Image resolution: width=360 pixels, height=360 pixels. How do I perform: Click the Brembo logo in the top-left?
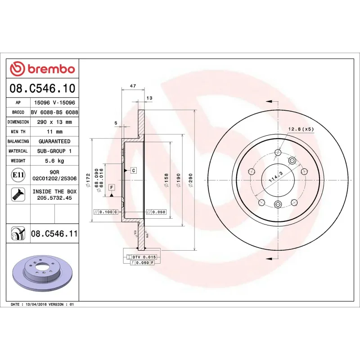tap(42, 69)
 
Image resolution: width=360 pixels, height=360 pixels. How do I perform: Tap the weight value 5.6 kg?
tap(54, 161)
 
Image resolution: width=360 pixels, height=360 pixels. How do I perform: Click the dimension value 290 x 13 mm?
tap(54, 122)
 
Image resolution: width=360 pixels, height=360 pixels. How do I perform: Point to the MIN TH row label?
tap(18, 132)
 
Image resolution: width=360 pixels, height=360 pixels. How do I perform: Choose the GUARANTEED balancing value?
tap(54, 141)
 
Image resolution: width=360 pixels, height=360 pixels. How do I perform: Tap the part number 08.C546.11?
tap(54, 233)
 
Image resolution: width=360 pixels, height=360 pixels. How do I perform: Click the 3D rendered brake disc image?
tap(42, 274)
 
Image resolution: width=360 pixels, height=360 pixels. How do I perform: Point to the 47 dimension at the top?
tap(132, 85)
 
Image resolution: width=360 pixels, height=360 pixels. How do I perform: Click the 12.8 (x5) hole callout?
tap(301, 130)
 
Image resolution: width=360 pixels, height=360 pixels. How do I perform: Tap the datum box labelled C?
tap(134, 170)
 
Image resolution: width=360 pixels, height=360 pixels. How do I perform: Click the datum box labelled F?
tap(111, 187)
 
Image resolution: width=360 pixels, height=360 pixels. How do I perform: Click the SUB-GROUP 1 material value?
tap(54, 151)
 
